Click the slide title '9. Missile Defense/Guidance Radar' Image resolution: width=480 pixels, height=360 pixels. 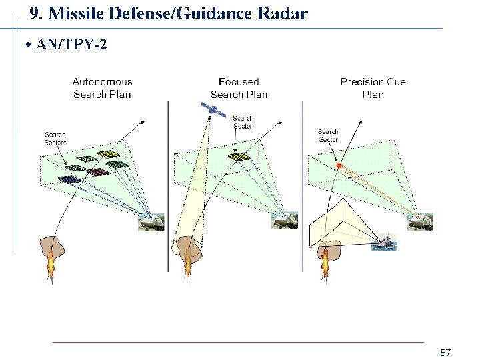(x=169, y=13)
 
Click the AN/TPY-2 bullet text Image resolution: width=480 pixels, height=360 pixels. (x=67, y=45)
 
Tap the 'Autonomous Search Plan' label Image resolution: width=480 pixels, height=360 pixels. (x=102, y=88)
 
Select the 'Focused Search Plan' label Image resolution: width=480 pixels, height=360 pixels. (x=239, y=88)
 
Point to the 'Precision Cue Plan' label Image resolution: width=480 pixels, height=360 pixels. (x=373, y=88)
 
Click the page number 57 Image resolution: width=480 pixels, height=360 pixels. (x=446, y=351)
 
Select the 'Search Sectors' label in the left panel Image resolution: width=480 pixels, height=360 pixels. (x=55, y=138)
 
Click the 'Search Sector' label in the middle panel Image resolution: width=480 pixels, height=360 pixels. (x=243, y=122)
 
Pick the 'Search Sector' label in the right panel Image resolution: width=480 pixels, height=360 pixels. (x=328, y=135)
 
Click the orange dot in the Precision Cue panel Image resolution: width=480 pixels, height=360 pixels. (x=339, y=165)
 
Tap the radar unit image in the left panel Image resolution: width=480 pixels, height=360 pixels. (x=151, y=222)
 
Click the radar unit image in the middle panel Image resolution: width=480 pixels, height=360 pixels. (x=285, y=221)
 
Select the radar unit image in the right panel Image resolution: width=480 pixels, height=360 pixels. (x=421, y=221)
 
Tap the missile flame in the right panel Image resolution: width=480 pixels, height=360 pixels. (x=325, y=265)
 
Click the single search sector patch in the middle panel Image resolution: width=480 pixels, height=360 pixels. (x=239, y=157)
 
